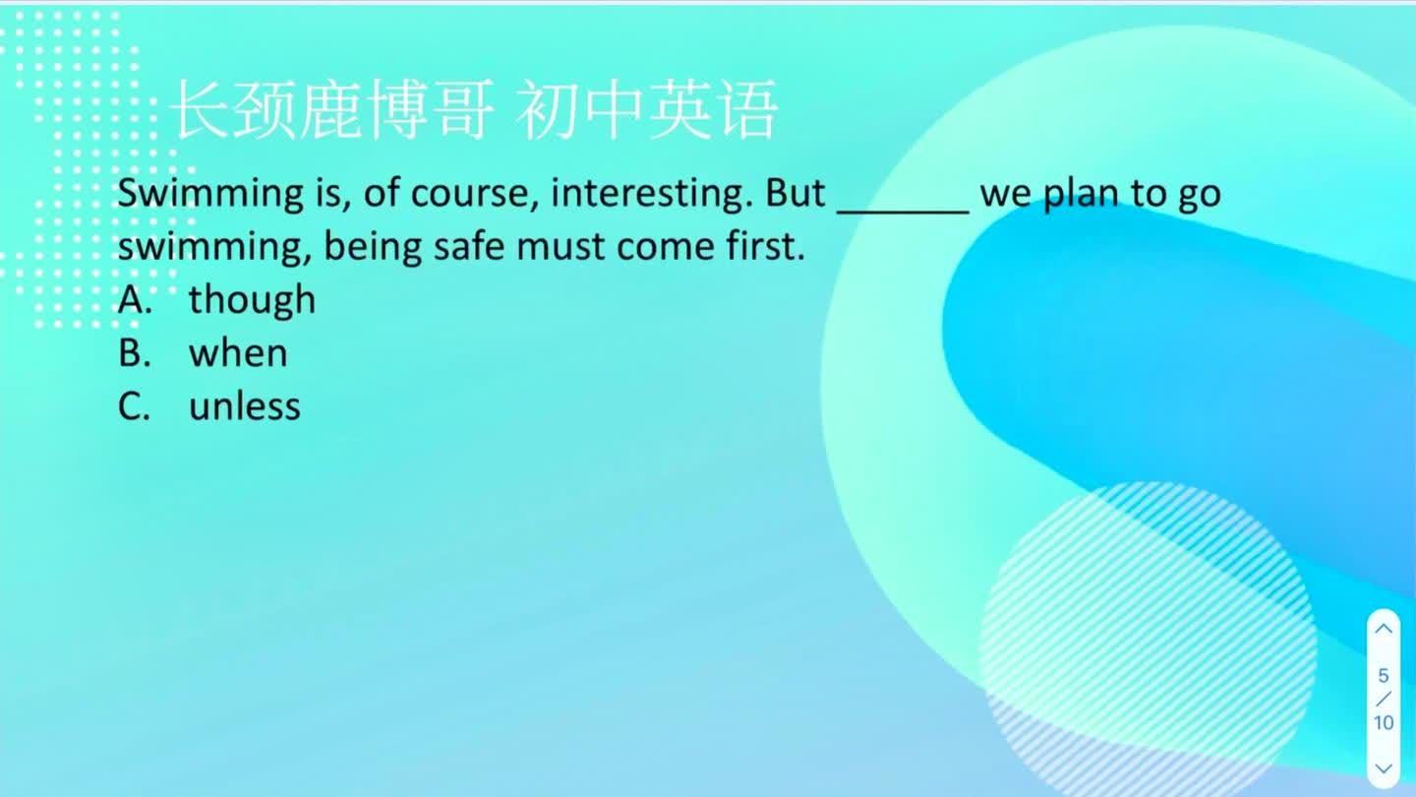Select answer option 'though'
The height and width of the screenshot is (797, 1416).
pyautogui.click(x=252, y=299)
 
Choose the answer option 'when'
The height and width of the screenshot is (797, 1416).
pyautogui.click(x=238, y=352)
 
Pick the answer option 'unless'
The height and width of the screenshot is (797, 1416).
pyautogui.click(x=245, y=405)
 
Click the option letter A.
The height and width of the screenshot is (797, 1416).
pyautogui.click(x=135, y=299)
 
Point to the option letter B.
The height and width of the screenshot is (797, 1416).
pyautogui.click(x=134, y=352)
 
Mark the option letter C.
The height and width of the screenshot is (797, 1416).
pyautogui.click(x=134, y=405)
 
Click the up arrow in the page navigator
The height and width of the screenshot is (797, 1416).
pyautogui.click(x=1384, y=629)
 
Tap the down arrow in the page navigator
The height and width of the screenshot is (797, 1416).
pyautogui.click(x=1384, y=768)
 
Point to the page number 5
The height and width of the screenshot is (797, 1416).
pyautogui.click(x=1384, y=676)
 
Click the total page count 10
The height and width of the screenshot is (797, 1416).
pyautogui.click(x=1384, y=722)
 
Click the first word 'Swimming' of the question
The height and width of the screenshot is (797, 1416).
pyautogui.click(x=210, y=194)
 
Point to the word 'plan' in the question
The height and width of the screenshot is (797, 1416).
pyautogui.click(x=1082, y=194)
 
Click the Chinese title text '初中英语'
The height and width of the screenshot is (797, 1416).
pyautogui.click(x=646, y=110)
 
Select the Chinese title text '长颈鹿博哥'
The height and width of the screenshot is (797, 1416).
pyautogui.click(x=331, y=110)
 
